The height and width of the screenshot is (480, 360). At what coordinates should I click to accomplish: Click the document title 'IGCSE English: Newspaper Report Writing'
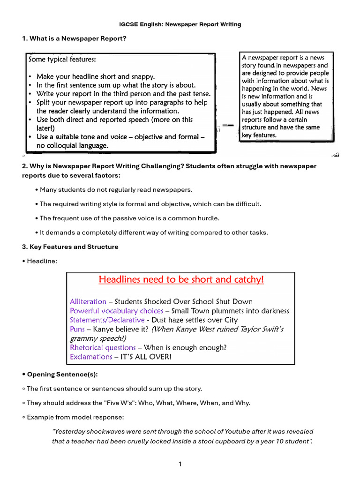pyautogui.click(x=180, y=24)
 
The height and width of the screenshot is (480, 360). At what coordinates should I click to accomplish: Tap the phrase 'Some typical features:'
pyautogui.click(x=62, y=60)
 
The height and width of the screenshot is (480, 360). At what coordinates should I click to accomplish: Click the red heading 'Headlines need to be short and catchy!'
pyautogui.click(x=181, y=279)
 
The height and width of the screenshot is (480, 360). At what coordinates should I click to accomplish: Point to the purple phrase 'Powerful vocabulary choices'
pyautogui.click(x=116, y=311)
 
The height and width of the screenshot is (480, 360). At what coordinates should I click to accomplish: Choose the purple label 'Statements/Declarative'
pyautogui.click(x=107, y=320)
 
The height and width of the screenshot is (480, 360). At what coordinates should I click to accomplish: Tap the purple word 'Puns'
pyautogui.click(x=77, y=329)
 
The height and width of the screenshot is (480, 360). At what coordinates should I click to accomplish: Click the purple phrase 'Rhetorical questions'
pyautogui.click(x=103, y=347)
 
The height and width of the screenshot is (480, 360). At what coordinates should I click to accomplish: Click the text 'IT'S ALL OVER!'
pyautogui.click(x=146, y=357)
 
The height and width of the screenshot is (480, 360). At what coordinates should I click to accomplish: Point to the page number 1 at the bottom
pyautogui.click(x=180, y=464)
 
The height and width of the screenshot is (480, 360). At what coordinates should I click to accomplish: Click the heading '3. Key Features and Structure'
pyautogui.click(x=70, y=247)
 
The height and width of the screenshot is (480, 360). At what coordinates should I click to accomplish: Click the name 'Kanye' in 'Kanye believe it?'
pyautogui.click(x=103, y=329)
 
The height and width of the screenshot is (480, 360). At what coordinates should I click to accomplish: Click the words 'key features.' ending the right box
pyautogui.click(x=259, y=135)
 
